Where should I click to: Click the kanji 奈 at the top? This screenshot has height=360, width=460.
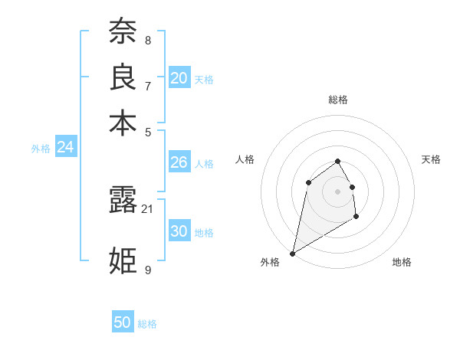tap(123, 31)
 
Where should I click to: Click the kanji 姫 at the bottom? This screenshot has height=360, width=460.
tap(123, 260)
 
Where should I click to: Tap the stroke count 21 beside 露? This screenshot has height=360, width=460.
tap(148, 208)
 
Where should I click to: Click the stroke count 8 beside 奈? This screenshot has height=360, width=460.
tap(147, 40)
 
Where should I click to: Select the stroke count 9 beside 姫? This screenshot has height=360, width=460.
tap(147, 270)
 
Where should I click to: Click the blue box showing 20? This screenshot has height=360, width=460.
tap(179, 77)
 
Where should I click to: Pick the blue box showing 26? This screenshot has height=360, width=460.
tap(179, 162)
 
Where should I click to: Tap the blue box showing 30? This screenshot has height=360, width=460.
tap(179, 231)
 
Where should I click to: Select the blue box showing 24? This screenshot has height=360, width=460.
tap(65, 147)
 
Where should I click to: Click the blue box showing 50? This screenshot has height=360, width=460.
tap(123, 322)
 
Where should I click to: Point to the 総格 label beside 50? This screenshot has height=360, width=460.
tap(147, 324)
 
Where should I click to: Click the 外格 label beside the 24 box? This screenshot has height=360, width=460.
tap(41, 149)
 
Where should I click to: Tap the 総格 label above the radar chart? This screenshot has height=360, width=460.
tap(338, 100)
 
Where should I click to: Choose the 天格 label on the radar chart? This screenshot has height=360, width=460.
tap(432, 159)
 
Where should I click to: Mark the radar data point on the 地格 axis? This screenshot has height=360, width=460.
tap(356, 217)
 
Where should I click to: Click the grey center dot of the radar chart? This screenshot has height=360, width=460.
tap(337, 191)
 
